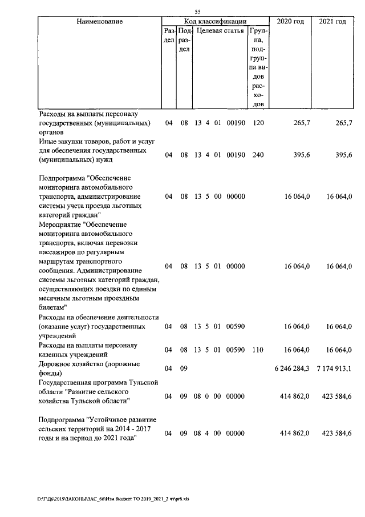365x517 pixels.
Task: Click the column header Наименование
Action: [x=99, y=21]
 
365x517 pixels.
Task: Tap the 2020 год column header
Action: [x=290, y=21]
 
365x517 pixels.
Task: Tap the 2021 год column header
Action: [x=332, y=21]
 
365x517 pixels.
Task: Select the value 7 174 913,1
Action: [x=334, y=368]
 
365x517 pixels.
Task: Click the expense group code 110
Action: [x=257, y=350]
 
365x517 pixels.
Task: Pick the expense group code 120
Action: [x=257, y=123]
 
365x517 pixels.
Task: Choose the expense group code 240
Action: [x=257, y=154]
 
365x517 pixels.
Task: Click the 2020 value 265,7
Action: [x=300, y=123]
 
